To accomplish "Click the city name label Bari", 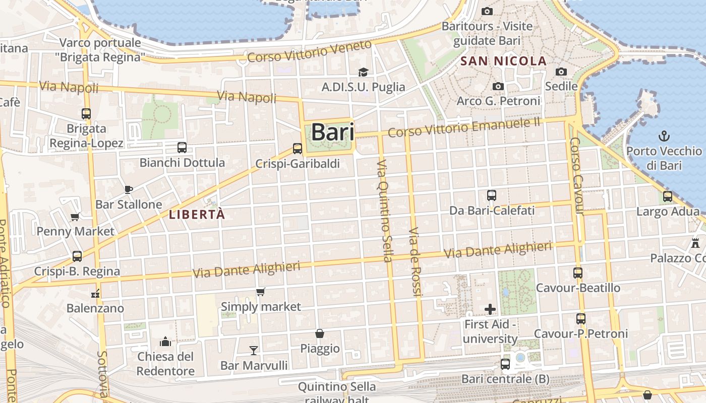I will click(x=332, y=132).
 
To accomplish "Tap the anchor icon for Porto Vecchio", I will click(x=664, y=136).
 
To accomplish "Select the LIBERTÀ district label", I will click(x=197, y=215).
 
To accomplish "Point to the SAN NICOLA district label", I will click(x=504, y=61).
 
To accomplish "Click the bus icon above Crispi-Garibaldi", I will click(x=298, y=149).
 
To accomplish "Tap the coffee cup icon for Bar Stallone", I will click(x=129, y=189).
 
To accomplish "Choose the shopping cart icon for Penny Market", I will click(x=75, y=217).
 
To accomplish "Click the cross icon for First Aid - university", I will click(x=490, y=309).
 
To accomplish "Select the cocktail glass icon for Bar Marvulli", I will click(x=254, y=350).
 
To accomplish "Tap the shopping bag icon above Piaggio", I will click(x=320, y=333).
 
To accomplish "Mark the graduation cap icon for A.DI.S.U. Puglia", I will click(x=363, y=72).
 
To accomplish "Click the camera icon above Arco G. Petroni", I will click(x=498, y=86).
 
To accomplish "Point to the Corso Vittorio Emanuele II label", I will click(x=464, y=126).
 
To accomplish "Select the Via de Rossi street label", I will click(x=415, y=262).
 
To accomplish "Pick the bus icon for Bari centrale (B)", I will click(x=505, y=364).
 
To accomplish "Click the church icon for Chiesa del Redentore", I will click(x=165, y=342).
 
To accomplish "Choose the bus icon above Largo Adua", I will click(x=668, y=196).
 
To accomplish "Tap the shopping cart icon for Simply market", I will click(x=261, y=292).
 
